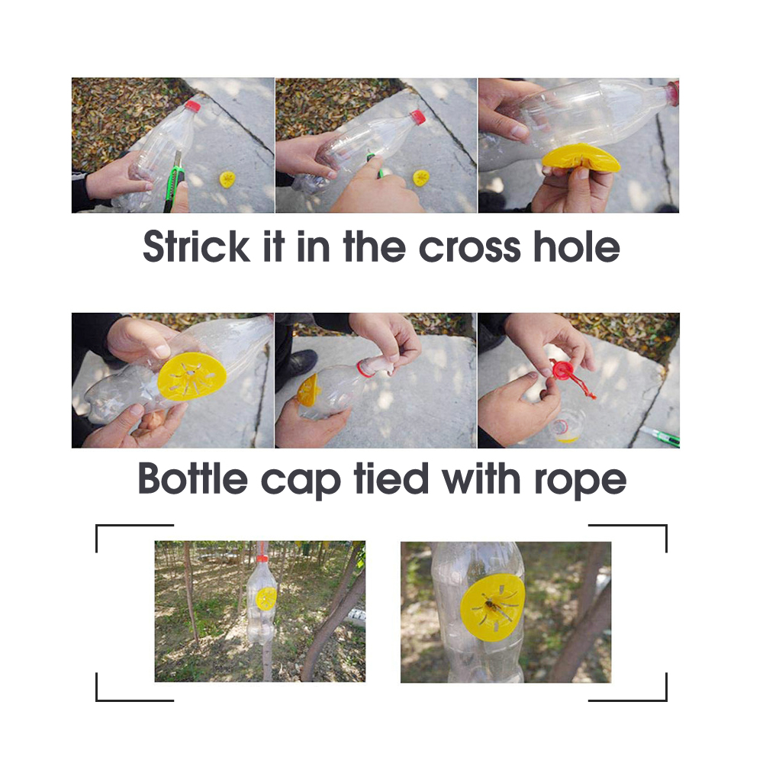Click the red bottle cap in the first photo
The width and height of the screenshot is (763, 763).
[x=193, y=106]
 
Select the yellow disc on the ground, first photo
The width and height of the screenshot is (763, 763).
[x=227, y=179]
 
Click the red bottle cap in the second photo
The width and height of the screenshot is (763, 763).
[x=417, y=117]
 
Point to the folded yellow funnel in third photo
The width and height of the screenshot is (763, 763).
[x=581, y=158]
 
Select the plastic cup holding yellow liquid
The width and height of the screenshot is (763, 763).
[x=567, y=426]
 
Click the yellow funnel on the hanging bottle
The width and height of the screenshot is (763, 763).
[x=266, y=598]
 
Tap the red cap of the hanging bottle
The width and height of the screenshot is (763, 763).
[x=262, y=559]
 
